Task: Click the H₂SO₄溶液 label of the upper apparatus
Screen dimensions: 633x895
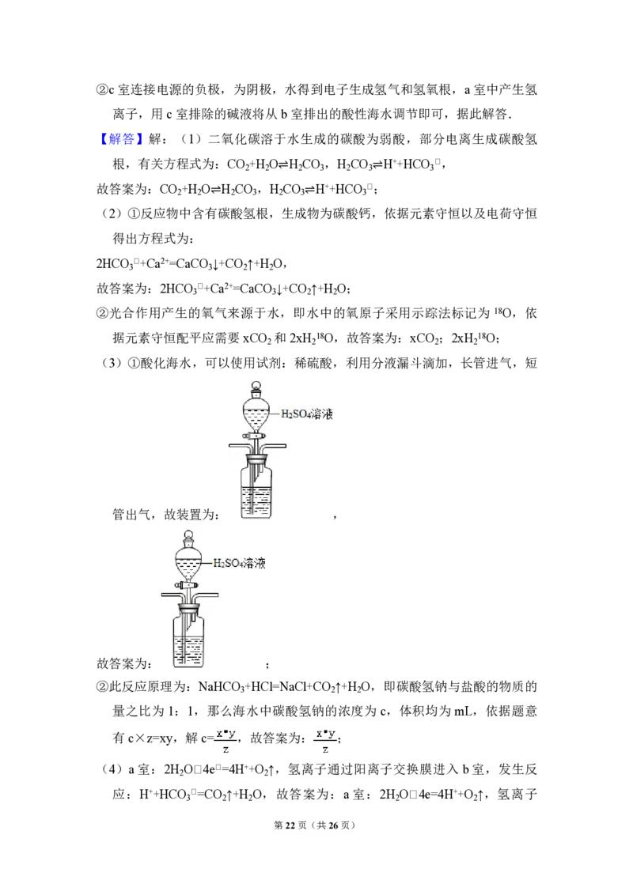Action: point(309,414)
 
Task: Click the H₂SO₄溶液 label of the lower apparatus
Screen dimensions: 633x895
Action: point(239,564)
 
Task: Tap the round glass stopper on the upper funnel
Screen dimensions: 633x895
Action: point(256,388)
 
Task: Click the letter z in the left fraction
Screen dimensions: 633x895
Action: point(226,749)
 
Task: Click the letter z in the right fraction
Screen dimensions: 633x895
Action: point(325,749)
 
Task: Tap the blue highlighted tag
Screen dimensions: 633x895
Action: point(123,139)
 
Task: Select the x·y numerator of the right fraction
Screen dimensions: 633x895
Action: point(325,734)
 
